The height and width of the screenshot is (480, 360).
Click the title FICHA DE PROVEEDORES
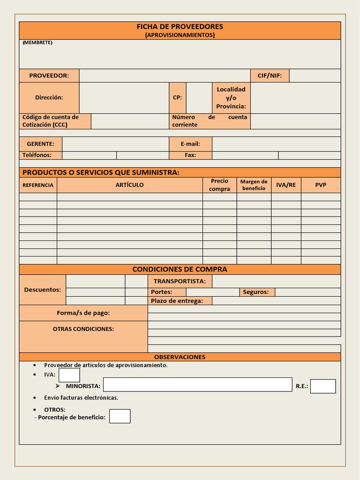[x=180, y=27]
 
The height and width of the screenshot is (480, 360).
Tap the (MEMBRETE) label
[x=37, y=43]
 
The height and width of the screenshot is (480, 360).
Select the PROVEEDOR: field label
[x=49, y=75]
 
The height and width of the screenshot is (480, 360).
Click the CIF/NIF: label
[x=270, y=75]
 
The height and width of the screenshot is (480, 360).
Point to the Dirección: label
[x=49, y=97]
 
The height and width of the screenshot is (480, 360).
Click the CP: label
[x=177, y=97]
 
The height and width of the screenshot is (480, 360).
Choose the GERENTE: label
[x=40, y=144]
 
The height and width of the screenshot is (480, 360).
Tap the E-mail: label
[x=190, y=144]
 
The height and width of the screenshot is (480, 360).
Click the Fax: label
[x=190, y=155]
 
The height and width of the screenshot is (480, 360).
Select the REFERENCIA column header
[x=38, y=185]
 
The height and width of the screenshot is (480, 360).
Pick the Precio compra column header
[x=219, y=185]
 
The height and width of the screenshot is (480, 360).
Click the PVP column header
[x=321, y=185]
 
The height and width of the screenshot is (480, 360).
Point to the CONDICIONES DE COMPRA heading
[x=180, y=269]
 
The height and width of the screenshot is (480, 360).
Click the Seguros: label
[x=256, y=292]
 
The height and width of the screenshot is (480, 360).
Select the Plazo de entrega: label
[x=177, y=301]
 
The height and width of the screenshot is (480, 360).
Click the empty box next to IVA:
[x=69, y=375]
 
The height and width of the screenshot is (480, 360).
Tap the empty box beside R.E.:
[x=323, y=386]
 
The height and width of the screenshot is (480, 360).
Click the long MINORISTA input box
[x=197, y=385]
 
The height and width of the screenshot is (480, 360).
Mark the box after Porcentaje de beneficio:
[x=120, y=416]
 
